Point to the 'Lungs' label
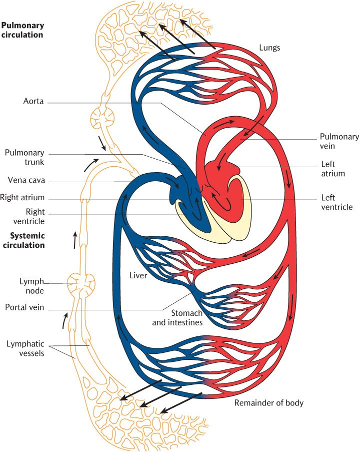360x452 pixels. [269, 48]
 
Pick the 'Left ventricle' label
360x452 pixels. [336, 202]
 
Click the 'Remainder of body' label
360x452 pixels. [268, 403]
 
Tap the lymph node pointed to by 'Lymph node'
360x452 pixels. [81, 284]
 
